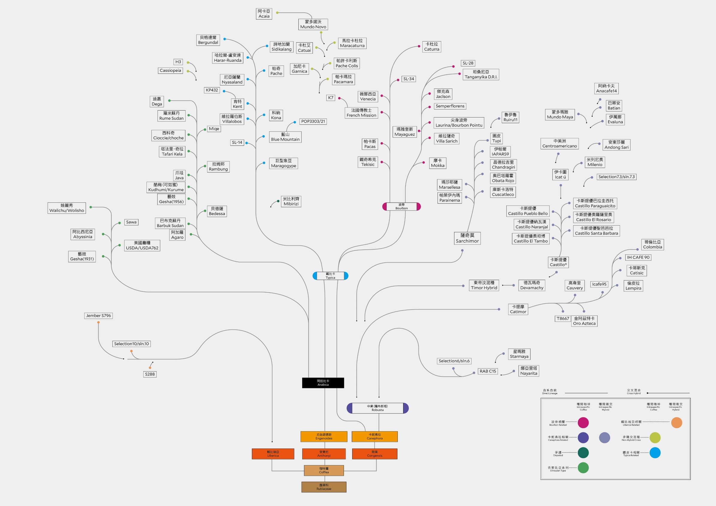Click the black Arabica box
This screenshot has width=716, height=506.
click(323, 383)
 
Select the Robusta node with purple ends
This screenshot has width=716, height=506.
click(377, 408)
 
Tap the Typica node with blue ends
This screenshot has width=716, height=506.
click(330, 276)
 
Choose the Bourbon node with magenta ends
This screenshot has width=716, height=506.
click(401, 206)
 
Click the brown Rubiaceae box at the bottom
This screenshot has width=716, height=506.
click(324, 487)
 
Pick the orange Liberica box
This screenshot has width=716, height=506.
click(273, 454)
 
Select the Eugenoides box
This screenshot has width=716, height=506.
click(324, 436)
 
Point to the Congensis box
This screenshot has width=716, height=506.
click(374, 454)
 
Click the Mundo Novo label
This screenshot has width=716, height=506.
click(313, 24)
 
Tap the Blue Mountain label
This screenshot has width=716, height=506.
click(285, 137)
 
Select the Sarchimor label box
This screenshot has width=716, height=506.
click(467, 238)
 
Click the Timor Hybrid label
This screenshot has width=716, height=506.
click(484, 285)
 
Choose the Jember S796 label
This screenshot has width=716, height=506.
click(98, 315)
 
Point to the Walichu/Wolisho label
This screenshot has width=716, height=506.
click(67, 208)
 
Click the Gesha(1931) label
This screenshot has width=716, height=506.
click(82, 256)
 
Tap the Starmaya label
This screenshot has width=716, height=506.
click(519, 354)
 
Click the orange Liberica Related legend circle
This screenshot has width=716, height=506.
click(676, 423)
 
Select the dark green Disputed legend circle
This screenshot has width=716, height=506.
click(583, 453)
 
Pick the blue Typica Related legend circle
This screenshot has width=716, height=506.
click(655, 453)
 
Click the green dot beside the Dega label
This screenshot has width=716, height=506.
click(169, 101)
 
